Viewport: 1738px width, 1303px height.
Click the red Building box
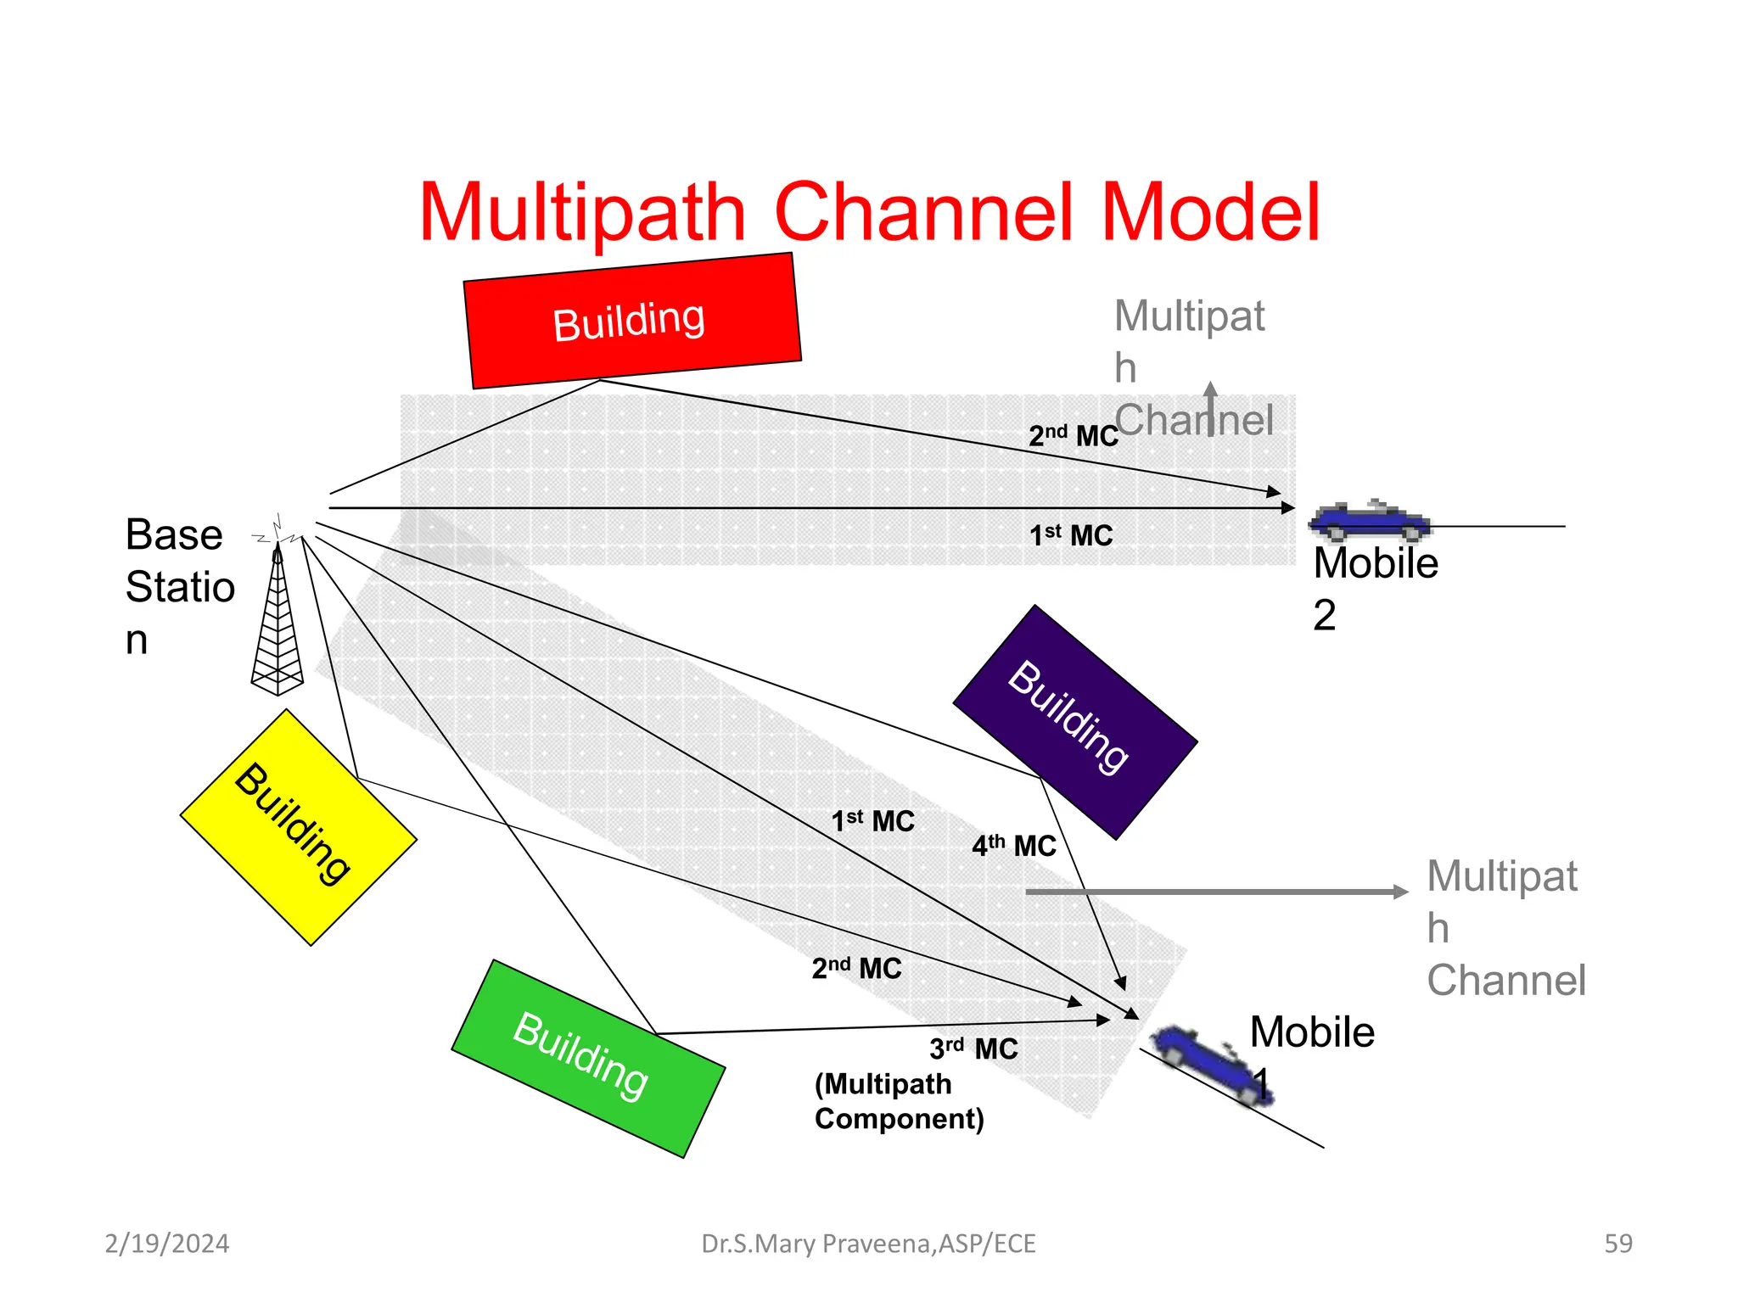pyautogui.click(x=631, y=321)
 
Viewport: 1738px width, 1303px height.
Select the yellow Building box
pyautogui.click(x=298, y=827)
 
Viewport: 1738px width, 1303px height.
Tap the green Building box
pyautogui.click(x=587, y=1058)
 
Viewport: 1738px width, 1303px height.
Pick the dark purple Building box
pyautogui.click(x=1074, y=722)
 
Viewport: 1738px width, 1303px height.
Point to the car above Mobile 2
pyautogui.click(x=1368, y=520)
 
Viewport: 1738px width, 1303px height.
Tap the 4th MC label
pyautogui.click(x=1013, y=846)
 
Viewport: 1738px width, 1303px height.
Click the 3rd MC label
pyautogui.click(x=973, y=1049)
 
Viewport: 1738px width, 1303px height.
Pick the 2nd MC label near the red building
pyautogui.click(x=1073, y=435)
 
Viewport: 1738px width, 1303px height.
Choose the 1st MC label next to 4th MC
pyautogui.click(x=872, y=821)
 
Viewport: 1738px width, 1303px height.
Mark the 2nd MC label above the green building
pyautogui.click(x=856, y=968)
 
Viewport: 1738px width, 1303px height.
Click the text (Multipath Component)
pyautogui.click(x=898, y=1101)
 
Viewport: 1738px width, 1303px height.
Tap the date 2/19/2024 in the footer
pyautogui.click(x=166, y=1244)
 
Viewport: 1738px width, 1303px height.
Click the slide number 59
pyautogui.click(x=1617, y=1244)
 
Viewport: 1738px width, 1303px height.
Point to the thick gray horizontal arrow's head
pyautogui.click(x=1401, y=892)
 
